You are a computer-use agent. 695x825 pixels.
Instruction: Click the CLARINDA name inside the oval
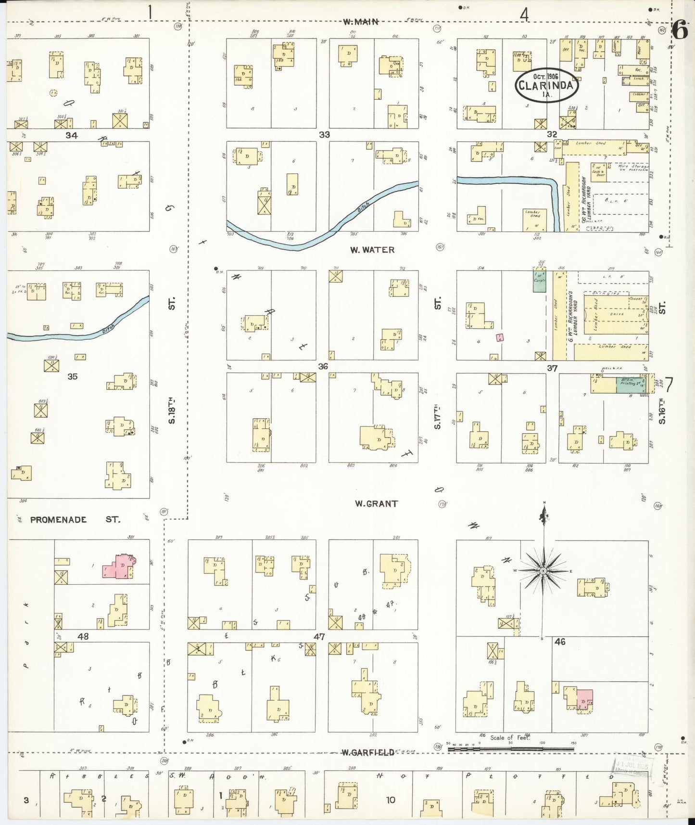(x=546, y=86)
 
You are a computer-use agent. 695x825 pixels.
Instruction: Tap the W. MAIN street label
(x=361, y=22)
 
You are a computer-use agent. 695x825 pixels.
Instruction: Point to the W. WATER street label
(x=372, y=250)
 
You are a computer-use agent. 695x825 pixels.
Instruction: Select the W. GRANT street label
(x=376, y=504)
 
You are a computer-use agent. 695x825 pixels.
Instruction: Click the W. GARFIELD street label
(x=368, y=753)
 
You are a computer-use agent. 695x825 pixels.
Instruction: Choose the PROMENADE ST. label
(x=75, y=520)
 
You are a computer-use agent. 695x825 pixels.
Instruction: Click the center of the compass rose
(x=543, y=571)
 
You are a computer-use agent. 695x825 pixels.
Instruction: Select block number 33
(x=325, y=135)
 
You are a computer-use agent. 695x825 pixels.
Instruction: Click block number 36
(x=323, y=367)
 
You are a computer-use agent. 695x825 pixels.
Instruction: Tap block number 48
(x=83, y=636)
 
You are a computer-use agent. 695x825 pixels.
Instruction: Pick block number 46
(x=560, y=642)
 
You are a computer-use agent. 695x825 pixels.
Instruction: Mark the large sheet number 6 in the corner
(x=680, y=31)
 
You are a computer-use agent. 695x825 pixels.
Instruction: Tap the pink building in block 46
(x=584, y=699)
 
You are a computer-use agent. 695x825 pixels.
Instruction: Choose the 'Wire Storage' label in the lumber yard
(x=633, y=167)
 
